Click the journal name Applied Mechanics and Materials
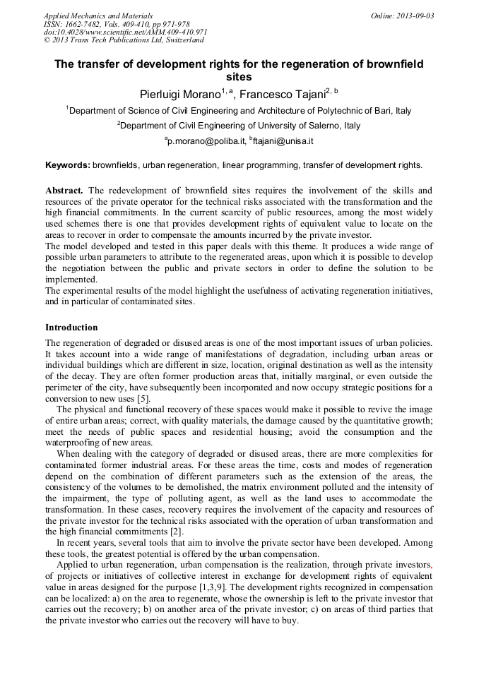point(97,16)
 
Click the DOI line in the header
point(125,32)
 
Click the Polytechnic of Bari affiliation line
point(240,111)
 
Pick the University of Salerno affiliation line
point(240,126)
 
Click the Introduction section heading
point(71,328)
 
